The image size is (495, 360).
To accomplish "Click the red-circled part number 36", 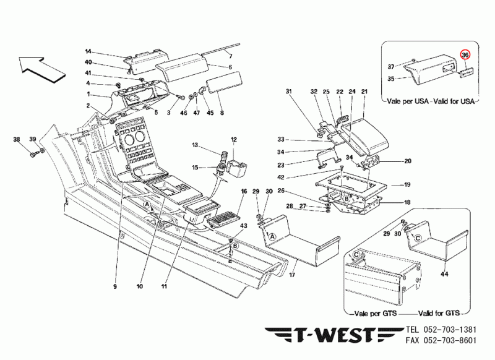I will pos(465,55).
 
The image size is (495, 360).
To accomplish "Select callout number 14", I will pos(88,51).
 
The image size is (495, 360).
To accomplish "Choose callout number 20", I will pos(407,161).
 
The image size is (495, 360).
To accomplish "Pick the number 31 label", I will pos(288,92).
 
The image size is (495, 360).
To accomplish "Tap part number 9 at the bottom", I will pos(114,287).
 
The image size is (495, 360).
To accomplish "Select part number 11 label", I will pos(165,287).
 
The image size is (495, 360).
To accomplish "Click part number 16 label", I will pos(244,192).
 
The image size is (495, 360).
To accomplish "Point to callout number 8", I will pos(221,113).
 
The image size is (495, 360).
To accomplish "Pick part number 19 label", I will pos(407,185).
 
